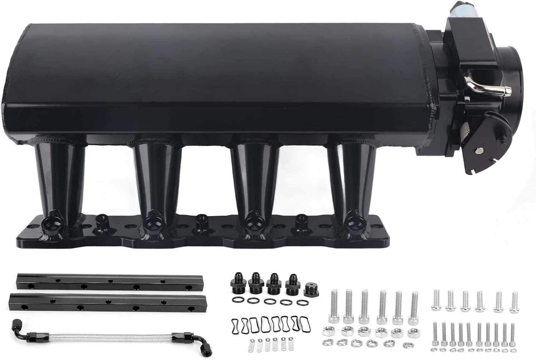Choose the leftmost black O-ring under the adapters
[237, 299]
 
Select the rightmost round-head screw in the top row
[514, 301]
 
